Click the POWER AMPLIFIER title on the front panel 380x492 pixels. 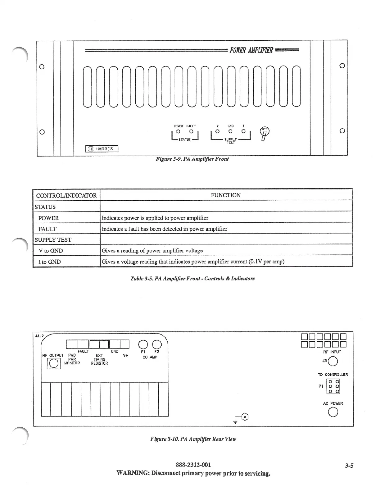click(x=251, y=50)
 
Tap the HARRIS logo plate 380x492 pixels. click(x=102, y=149)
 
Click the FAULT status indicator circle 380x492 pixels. click(x=191, y=131)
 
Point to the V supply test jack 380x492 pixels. click(x=217, y=131)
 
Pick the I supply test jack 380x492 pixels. click(x=243, y=131)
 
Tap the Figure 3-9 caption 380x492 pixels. click(x=192, y=159)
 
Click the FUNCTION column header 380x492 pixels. click(x=226, y=195)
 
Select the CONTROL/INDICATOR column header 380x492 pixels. click(x=66, y=195)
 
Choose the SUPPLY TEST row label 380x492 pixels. click(x=53, y=240)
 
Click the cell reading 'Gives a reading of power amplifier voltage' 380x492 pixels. click(x=152, y=251)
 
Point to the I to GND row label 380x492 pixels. click(x=49, y=262)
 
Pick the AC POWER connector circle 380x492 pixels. click(x=333, y=412)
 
